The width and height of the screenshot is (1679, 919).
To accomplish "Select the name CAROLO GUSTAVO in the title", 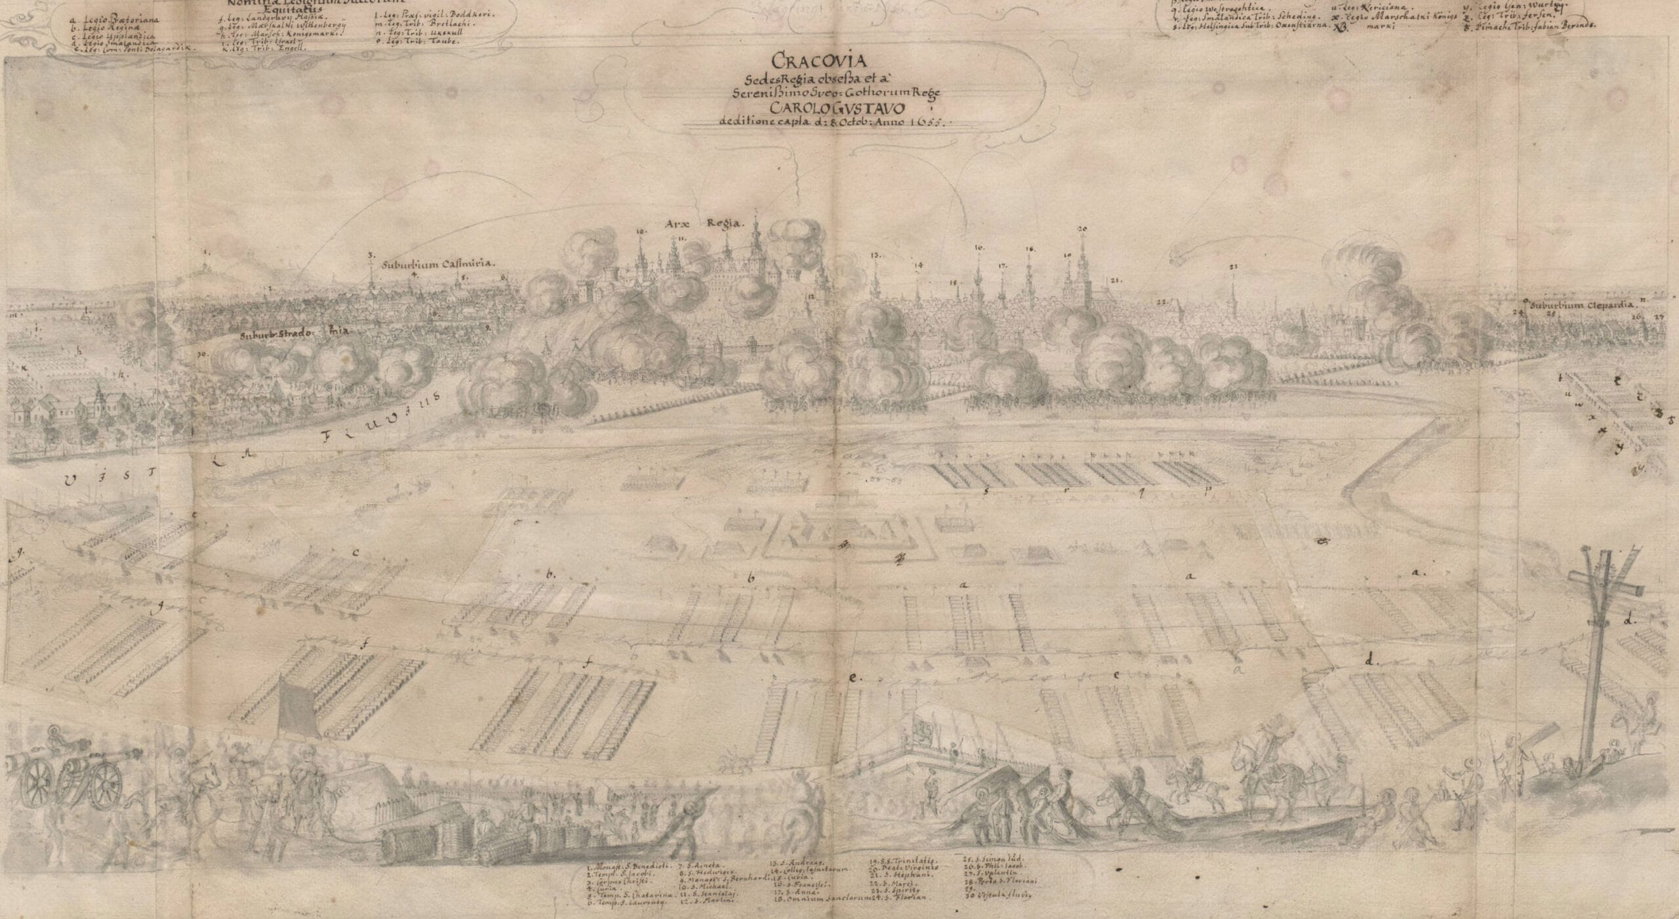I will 824,108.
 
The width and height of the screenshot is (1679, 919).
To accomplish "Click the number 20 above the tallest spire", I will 1082,228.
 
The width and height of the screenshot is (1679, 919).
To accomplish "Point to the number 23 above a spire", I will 1233,267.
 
